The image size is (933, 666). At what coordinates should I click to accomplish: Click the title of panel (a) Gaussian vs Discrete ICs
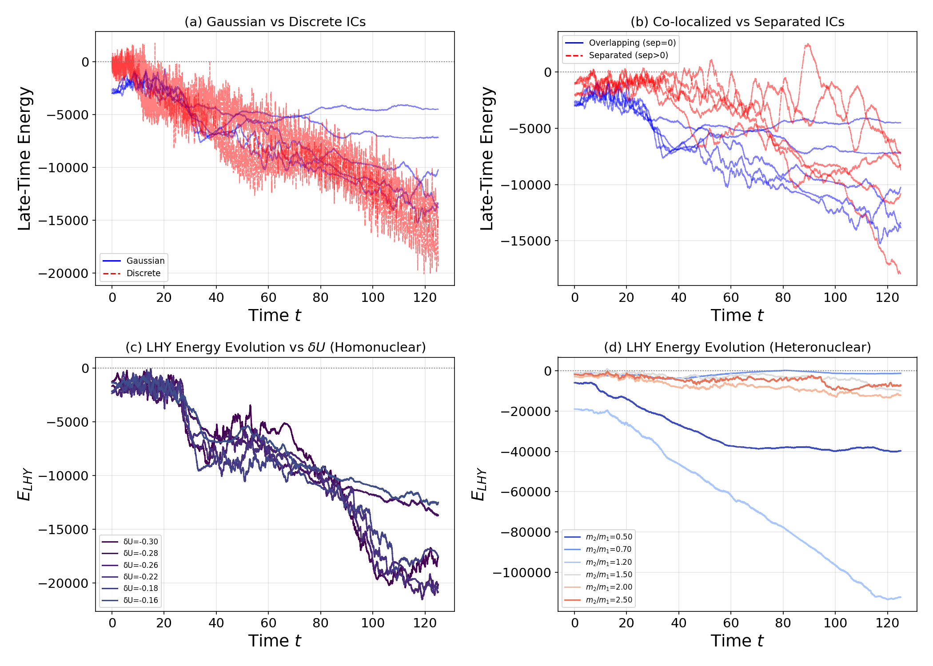(x=275, y=22)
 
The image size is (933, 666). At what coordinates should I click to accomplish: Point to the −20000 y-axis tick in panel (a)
(x=63, y=274)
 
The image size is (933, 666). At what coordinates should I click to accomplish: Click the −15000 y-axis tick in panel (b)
(x=526, y=241)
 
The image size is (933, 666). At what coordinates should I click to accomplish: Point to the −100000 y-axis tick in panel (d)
(x=522, y=573)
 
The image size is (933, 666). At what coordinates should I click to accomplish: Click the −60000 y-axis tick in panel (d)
(x=526, y=492)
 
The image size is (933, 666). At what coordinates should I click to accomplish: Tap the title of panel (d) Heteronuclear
(x=737, y=347)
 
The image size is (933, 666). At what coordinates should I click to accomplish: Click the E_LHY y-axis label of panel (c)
(x=25, y=484)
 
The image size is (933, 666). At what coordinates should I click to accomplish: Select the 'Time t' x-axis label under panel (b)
(x=737, y=315)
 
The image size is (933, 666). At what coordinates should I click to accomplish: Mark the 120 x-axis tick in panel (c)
(x=425, y=623)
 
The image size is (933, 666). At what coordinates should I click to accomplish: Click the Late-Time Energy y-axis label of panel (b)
(x=487, y=159)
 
